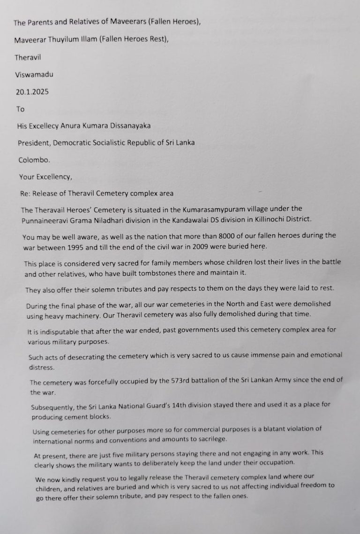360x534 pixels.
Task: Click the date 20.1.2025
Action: (31, 92)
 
